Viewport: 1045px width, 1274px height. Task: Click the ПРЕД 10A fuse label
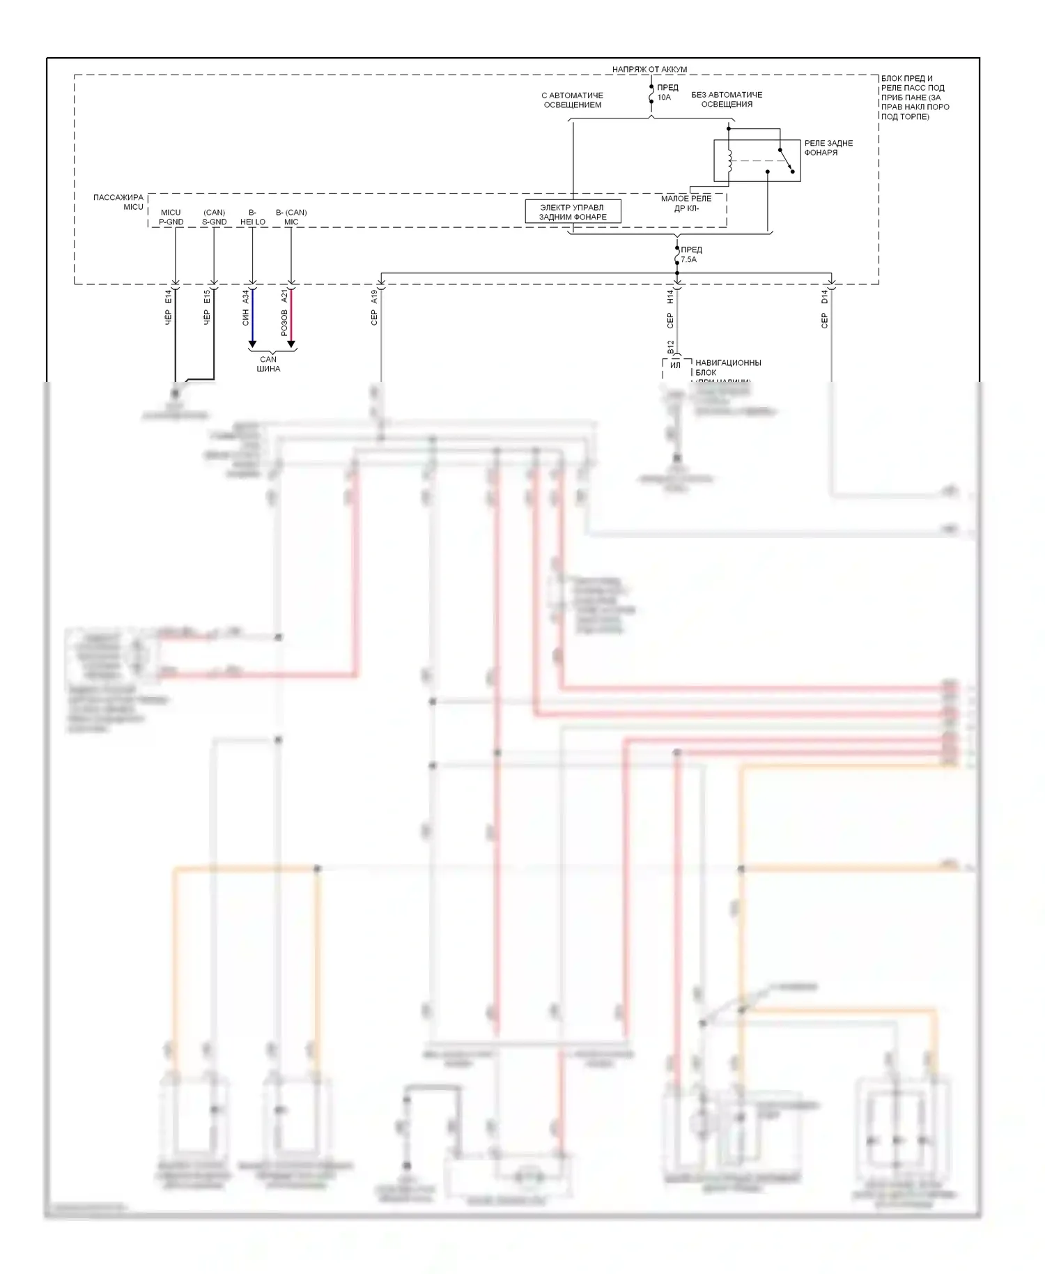coord(667,93)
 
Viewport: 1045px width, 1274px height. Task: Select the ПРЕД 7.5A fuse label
coord(690,254)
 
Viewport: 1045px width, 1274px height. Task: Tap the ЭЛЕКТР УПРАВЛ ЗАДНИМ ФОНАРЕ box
coord(573,212)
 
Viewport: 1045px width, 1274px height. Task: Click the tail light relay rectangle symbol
coord(757,161)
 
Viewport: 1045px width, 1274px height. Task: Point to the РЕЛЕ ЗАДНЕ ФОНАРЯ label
coord(828,148)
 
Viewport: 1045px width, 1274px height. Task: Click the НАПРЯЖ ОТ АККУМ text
coord(649,69)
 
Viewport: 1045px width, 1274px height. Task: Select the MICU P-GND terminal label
coord(171,217)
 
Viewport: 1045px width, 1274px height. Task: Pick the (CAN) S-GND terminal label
coord(214,217)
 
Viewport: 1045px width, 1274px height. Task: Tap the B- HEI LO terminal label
coord(252,217)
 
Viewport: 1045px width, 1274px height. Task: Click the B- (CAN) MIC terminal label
coord(291,217)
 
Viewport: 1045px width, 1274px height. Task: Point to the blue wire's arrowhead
coord(252,344)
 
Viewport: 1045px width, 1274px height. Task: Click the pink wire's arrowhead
coord(291,344)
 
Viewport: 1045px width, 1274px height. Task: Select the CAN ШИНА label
coord(268,364)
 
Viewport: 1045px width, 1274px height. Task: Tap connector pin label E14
coord(168,297)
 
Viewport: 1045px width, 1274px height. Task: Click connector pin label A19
coord(374,297)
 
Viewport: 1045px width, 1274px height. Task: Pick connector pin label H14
coord(670,297)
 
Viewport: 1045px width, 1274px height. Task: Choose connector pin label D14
coord(824,297)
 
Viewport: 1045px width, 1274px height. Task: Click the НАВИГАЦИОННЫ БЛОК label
coord(727,367)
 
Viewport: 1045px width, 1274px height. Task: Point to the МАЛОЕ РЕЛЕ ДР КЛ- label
coord(686,204)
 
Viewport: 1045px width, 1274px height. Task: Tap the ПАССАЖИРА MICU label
coord(118,202)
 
